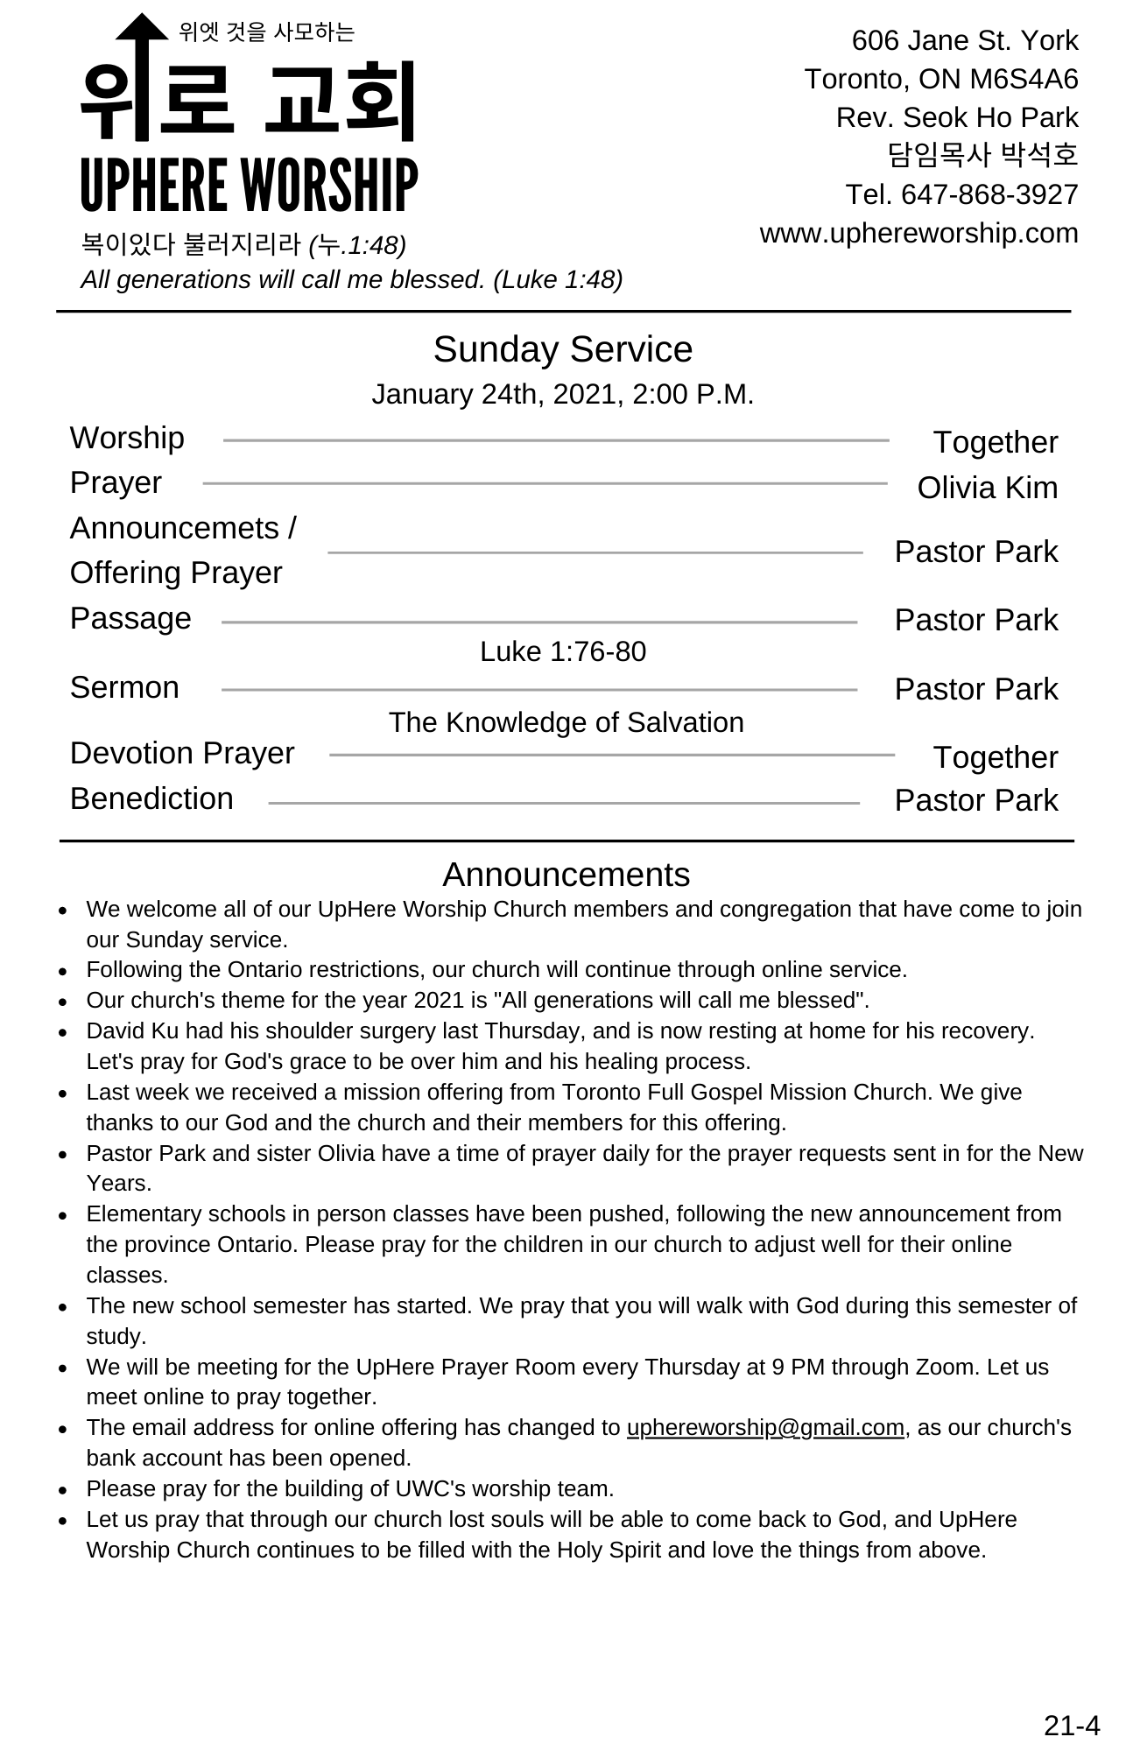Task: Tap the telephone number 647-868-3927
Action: pyautogui.click(x=989, y=194)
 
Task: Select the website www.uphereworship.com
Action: pyautogui.click(x=918, y=234)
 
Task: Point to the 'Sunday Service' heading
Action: pyautogui.click(x=563, y=349)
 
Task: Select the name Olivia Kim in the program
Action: pyautogui.click(x=987, y=489)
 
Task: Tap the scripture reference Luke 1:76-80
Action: pyautogui.click(x=563, y=652)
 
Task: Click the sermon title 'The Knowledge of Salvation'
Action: pyautogui.click(x=566, y=723)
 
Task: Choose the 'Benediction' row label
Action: pyautogui.click(x=151, y=799)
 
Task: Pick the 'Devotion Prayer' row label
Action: pyautogui.click(x=182, y=754)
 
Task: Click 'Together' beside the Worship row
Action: pyautogui.click(x=995, y=443)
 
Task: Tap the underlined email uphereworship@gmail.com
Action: pyautogui.click(x=765, y=1428)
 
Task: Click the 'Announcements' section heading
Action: pyautogui.click(x=566, y=875)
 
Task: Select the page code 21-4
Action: pyautogui.click(x=1071, y=1726)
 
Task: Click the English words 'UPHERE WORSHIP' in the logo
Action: pyautogui.click(x=250, y=186)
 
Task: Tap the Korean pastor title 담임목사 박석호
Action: pyautogui.click(x=982, y=156)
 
